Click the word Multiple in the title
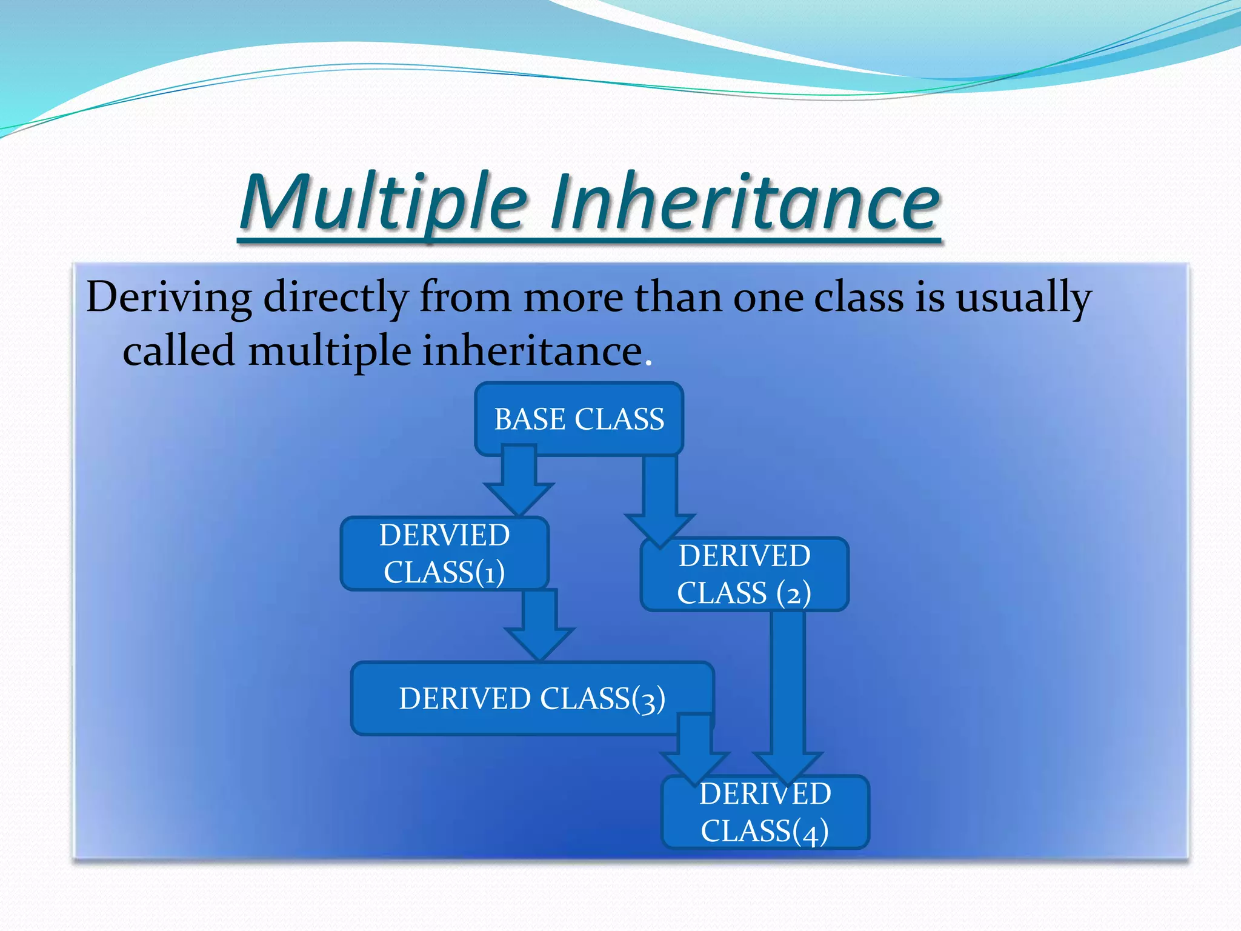point(383,202)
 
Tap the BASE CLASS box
point(579,419)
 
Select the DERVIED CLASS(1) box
point(444,553)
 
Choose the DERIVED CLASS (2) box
point(744,575)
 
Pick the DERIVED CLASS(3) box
point(531,698)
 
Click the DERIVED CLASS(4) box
point(765,812)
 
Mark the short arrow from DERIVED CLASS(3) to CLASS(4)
point(694,749)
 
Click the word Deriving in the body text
point(168,298)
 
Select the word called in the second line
point(179,352)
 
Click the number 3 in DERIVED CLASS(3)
point(648,701)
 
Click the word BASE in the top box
point(529,419)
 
